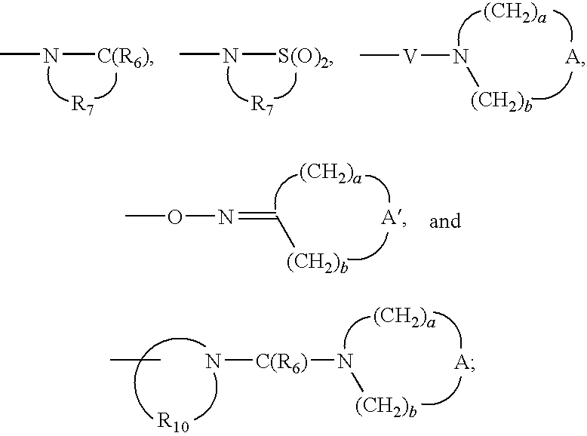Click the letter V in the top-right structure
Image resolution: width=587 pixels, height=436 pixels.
click(x=410, y=57)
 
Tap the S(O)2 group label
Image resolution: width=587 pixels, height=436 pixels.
click(x=303, y=57)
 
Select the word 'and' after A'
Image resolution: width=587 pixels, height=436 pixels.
click(x=444, y=221)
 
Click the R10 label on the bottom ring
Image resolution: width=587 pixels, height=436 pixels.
click(x=173, y=422)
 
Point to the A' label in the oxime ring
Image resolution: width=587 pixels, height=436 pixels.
click(x=391, y=218)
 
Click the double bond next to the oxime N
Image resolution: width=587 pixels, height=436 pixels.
click(x=257, y=216)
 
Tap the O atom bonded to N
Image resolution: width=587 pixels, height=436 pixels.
click(x=175, y=217)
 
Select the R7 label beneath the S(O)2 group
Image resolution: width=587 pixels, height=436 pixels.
click(x=262, y=103)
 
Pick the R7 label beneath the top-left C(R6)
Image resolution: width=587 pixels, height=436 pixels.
click(x=82, y=103)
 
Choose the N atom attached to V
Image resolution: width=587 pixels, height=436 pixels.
click(x=461, y=57)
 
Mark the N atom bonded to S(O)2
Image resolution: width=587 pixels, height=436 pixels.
click(x=230, y=56)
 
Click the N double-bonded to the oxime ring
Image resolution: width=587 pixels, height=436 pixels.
click(x=226, y=217)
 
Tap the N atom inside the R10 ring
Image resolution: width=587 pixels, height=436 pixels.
click(x=213, y=361)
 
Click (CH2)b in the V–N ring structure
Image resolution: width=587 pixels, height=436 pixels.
click(x=502, y=102)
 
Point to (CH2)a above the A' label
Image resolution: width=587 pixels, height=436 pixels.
click(x=331, y=174)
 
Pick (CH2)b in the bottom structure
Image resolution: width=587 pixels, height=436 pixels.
click(x=386, y=407)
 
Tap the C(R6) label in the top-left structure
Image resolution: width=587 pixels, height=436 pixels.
click(x=124, y=57)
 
